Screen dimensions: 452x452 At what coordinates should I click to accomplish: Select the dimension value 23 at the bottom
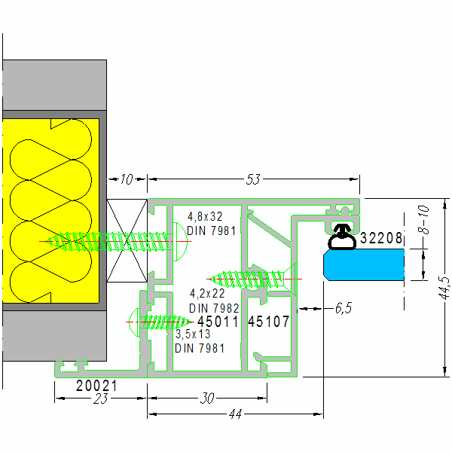point(98,399)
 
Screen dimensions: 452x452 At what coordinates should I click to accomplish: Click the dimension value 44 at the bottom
point(235,415)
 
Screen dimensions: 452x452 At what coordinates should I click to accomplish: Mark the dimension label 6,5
point(343,308)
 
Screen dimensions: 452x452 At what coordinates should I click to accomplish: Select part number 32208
point(382,239)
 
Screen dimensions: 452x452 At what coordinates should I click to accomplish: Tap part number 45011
point(218,322)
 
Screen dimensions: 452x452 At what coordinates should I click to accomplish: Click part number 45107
point(268,322)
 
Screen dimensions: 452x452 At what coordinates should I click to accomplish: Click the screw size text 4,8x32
point(205,217)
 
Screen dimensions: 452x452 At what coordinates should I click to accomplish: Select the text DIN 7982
point(214,308)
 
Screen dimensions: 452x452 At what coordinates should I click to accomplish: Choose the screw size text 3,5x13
point(194,334)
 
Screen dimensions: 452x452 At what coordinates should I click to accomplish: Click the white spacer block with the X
point(126,240)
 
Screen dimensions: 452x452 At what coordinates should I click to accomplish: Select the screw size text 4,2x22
point(208,294)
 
